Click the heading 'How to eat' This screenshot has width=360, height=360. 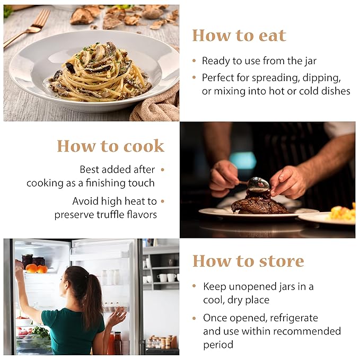pos(239,36)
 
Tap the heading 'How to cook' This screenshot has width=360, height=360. pos(111,146)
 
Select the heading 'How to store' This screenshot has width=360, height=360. pos(248,261)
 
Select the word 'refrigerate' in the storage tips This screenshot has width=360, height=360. pos(294,318)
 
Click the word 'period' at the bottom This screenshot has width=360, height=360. pos(218,345)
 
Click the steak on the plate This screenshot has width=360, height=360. pos(259,204)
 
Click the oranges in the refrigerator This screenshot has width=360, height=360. pos(36,269)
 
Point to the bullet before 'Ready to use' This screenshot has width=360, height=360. pos(194,61)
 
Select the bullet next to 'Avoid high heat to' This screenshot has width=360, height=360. pos(163,201)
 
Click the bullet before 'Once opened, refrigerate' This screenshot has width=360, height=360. pos(194,318)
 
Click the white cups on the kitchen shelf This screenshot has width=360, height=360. pos(167,278)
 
